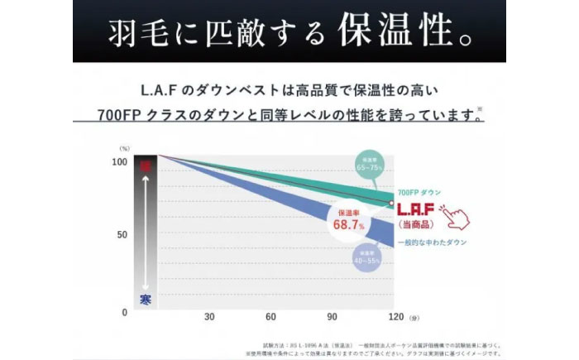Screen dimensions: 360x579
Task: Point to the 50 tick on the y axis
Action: (122, 235)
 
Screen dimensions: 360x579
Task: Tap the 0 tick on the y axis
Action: (124, 312)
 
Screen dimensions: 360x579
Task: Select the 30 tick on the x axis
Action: (210, 317)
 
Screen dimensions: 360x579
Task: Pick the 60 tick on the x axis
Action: (270, 317)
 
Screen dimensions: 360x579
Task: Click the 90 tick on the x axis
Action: (332, 317)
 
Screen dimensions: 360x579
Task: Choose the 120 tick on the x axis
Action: (395, 317)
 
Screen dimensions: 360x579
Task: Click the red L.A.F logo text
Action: (417, 210)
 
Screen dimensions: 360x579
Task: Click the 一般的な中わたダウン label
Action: (432, 242)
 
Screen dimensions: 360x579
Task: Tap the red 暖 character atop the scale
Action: (146, 166)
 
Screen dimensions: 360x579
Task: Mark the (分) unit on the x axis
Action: (414, 318)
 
